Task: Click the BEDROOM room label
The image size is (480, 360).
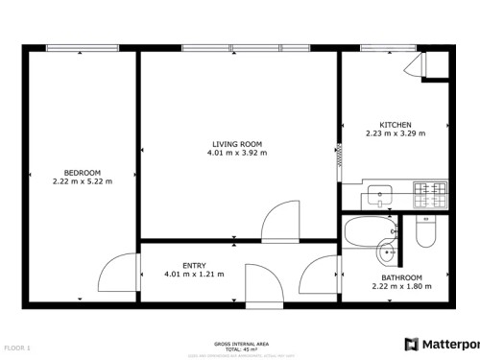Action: [83, 173]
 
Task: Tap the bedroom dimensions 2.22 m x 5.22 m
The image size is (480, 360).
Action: [83, 180]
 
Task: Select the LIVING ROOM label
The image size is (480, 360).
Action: [237, 144]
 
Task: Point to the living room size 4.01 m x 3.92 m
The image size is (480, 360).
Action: [237, 153]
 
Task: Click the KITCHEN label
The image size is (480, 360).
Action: [396, 126]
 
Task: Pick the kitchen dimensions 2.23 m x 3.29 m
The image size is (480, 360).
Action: [396, 134]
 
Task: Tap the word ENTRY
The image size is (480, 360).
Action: [194, 266]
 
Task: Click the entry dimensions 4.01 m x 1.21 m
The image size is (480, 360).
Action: [194, 275]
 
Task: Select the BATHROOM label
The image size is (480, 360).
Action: [395, 277]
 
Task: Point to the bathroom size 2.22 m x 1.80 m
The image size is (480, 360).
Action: [395, 286]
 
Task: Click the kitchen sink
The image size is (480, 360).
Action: [380, 198]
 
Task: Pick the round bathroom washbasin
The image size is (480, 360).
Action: [386, 253]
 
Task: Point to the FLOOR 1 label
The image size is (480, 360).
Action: [17, 347]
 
